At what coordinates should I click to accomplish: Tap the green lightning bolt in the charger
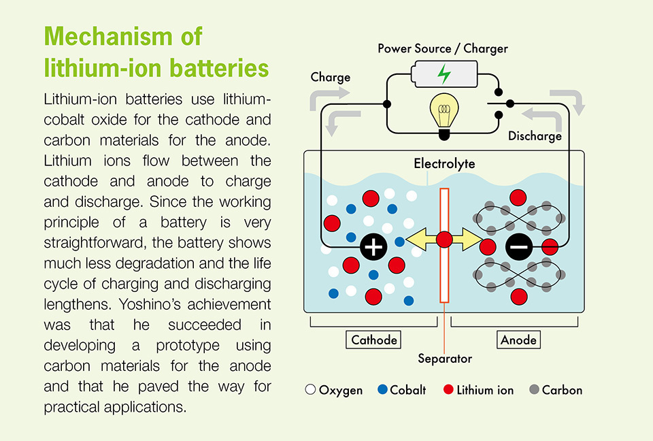coord(443,73)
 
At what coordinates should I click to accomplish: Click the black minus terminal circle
coord(518,247)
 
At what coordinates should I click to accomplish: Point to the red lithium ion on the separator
coord(444,240)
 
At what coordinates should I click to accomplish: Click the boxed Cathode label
coord(373,339)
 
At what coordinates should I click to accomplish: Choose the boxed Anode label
coord(519,339)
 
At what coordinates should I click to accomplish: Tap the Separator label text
coord(444,359)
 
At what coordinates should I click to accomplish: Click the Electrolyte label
coord(444,164)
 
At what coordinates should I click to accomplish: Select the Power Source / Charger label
coord(443,48)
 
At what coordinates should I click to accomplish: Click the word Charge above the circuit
coord(331,77)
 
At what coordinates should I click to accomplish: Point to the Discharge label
coord(535,136)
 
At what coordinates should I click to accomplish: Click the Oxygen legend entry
coord(334,390)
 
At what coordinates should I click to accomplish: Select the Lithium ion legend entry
coord(478,390)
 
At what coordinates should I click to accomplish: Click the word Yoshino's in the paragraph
coord(228,304)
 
